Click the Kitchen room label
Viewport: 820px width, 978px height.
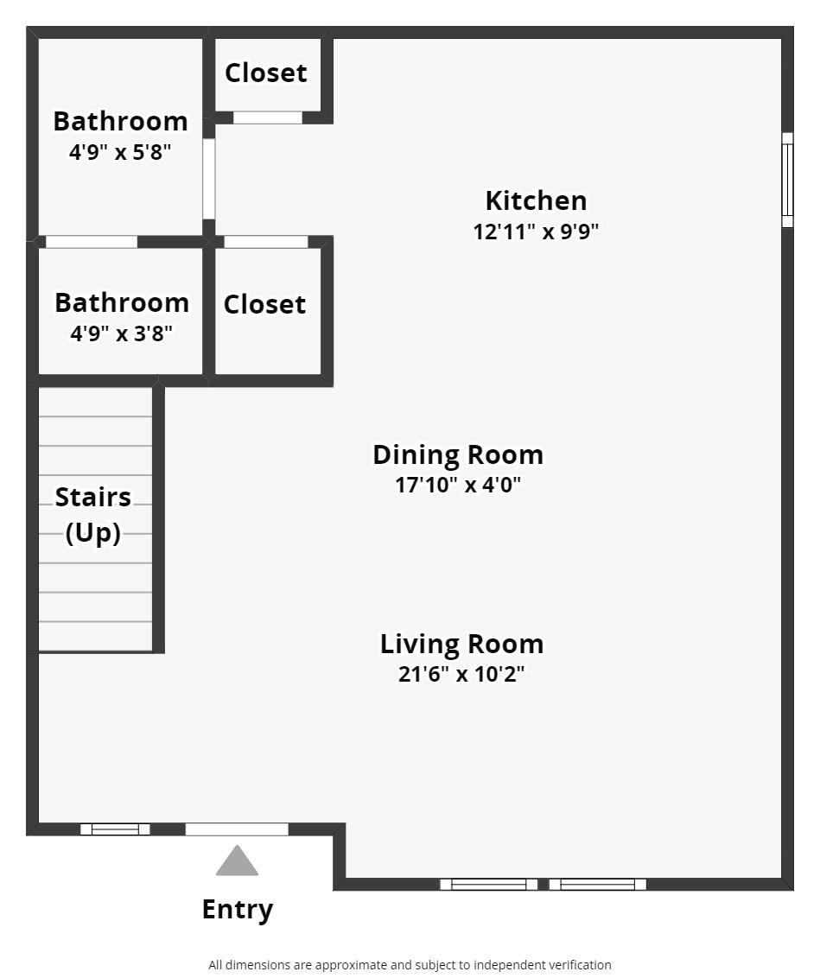pyautogui.click(x=536, y=200)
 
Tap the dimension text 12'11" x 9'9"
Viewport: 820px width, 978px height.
pyautogui.click(x=536, y=232)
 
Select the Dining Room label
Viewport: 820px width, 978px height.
pyautogui.click(x=458, y=454)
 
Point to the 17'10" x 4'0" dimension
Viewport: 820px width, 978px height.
pyautogui.click(x=458, y=485)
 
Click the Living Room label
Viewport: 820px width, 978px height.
pyautogui.click(x=461, y=644)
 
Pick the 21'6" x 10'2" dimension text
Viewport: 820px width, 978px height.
pyautogui.click(x=461, y=674)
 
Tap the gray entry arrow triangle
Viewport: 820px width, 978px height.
pyautogui.click(x=237, y=861)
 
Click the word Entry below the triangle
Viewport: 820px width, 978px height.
pyautogui.click(x=237, y=909)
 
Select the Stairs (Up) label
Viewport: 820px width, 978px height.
pyautogui.click(x=93, y=515)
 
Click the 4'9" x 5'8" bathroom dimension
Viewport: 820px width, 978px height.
pyautogui.click(x=120, y=152)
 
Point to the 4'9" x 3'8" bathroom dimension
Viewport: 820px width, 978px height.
pyautogui.click(x=122, y=333)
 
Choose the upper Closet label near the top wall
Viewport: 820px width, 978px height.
pyautogui.click(x=265, y=73)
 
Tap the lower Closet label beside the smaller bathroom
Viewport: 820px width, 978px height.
pyautogui.click(x=264, y=304)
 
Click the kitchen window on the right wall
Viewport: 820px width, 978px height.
pyautogui.click(x=787, y=180)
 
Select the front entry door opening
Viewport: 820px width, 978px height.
pyautogui.click(x=237, y=829)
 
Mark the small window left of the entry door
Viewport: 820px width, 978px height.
pyautogui.click(x=115, y=829)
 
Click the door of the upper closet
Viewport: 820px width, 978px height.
pyautogui.click(x=268, y=117)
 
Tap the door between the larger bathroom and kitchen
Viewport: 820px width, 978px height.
pyautogui.click(x=208, y=179)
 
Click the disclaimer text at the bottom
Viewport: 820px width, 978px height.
pyautogui.click(x=410, y=964)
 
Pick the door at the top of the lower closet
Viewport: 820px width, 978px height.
pyautogui.click(x=266, y=242)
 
